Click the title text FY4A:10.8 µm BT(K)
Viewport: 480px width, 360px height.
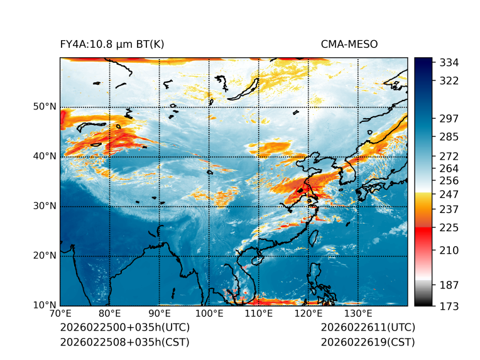tap(112, 44)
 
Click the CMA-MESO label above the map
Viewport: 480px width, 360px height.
tap(349, 44)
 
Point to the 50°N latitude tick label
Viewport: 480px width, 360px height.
tap(44, 107)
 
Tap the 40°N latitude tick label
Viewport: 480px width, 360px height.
tap(44, 156)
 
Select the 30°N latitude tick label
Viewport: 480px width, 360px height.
tap(44, 206)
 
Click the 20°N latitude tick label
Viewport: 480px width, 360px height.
tap(44, 256)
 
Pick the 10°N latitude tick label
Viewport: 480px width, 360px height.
tap(44, 305)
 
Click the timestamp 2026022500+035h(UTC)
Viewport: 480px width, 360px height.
tap(124, 328)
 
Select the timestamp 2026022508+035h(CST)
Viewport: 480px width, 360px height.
tap(124, 342)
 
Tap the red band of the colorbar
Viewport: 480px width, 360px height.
tap(423, 232)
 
